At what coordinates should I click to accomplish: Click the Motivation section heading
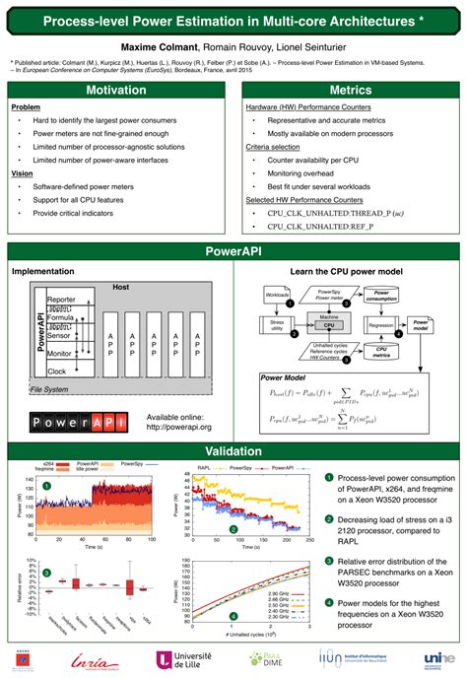point(116,91)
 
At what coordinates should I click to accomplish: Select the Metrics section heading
point(350,91)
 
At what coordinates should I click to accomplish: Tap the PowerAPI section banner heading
point(233,251)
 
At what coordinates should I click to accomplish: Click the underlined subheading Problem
point(26,107)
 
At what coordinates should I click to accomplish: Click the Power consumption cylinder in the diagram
point(380,294)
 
